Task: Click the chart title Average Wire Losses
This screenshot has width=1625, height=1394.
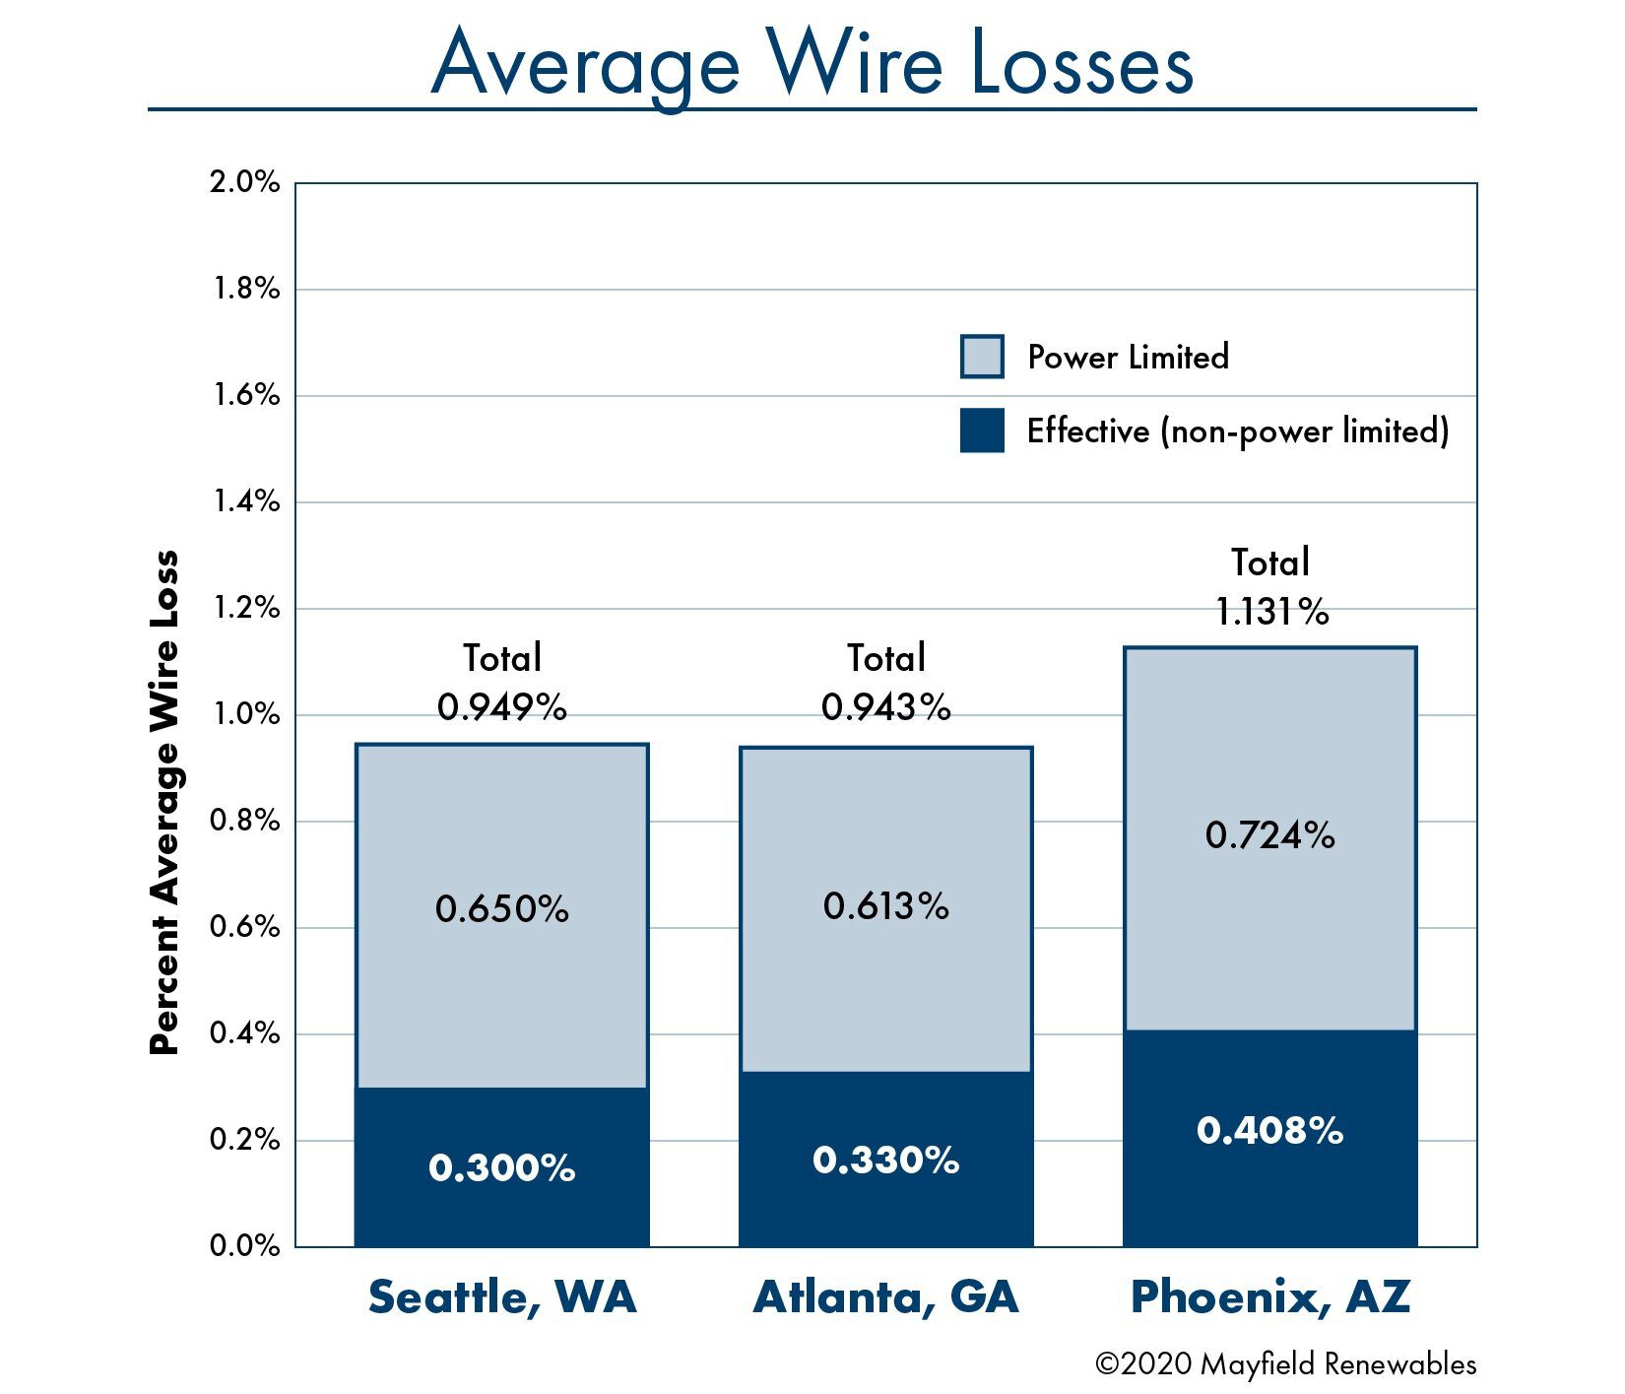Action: pyautogui.click(x=812, y=65)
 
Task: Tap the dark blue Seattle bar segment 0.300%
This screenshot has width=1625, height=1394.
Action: pyautogui.click(x=501, y=1167)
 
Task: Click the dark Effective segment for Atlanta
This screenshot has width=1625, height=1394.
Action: pyautogui.click(x=885, y=1160)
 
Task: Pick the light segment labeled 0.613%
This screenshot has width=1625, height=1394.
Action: pyautogui.click(x=885, y=906)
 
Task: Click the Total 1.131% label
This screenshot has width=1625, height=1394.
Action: pyautogui.click(x=1270, y=588)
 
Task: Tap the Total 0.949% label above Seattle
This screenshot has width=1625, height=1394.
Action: pyautogui.click(x=502, y=683)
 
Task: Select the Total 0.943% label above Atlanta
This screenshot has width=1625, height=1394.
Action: pyautogui.click(x=886, y=683)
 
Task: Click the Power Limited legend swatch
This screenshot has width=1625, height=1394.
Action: pyautogui.click(x=982, y=357)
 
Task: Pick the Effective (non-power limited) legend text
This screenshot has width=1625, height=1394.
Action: pyautogui.click(x=1237, y=431)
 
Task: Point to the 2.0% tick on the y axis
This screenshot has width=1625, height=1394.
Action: pyautogui.click(x=244, y=183)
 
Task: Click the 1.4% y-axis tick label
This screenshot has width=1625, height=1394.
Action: pyautogui.click(x=244, y=502)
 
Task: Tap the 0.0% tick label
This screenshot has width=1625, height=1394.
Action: pyautogui.click(x=244, y=1246)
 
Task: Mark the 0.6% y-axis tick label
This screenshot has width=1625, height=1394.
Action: pyautogui.click(x=244, y=928)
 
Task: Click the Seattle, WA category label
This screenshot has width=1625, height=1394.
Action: pyautogui.click(x=502, y=1297)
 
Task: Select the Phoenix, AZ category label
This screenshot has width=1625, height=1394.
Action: pyautogui.click(x=1270, y=1297)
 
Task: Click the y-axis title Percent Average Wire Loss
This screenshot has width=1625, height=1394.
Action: pyautogui.click(x=164, y=803)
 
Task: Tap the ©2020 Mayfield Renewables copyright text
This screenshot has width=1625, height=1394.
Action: pyautogui.click(x=1285, y=1364)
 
